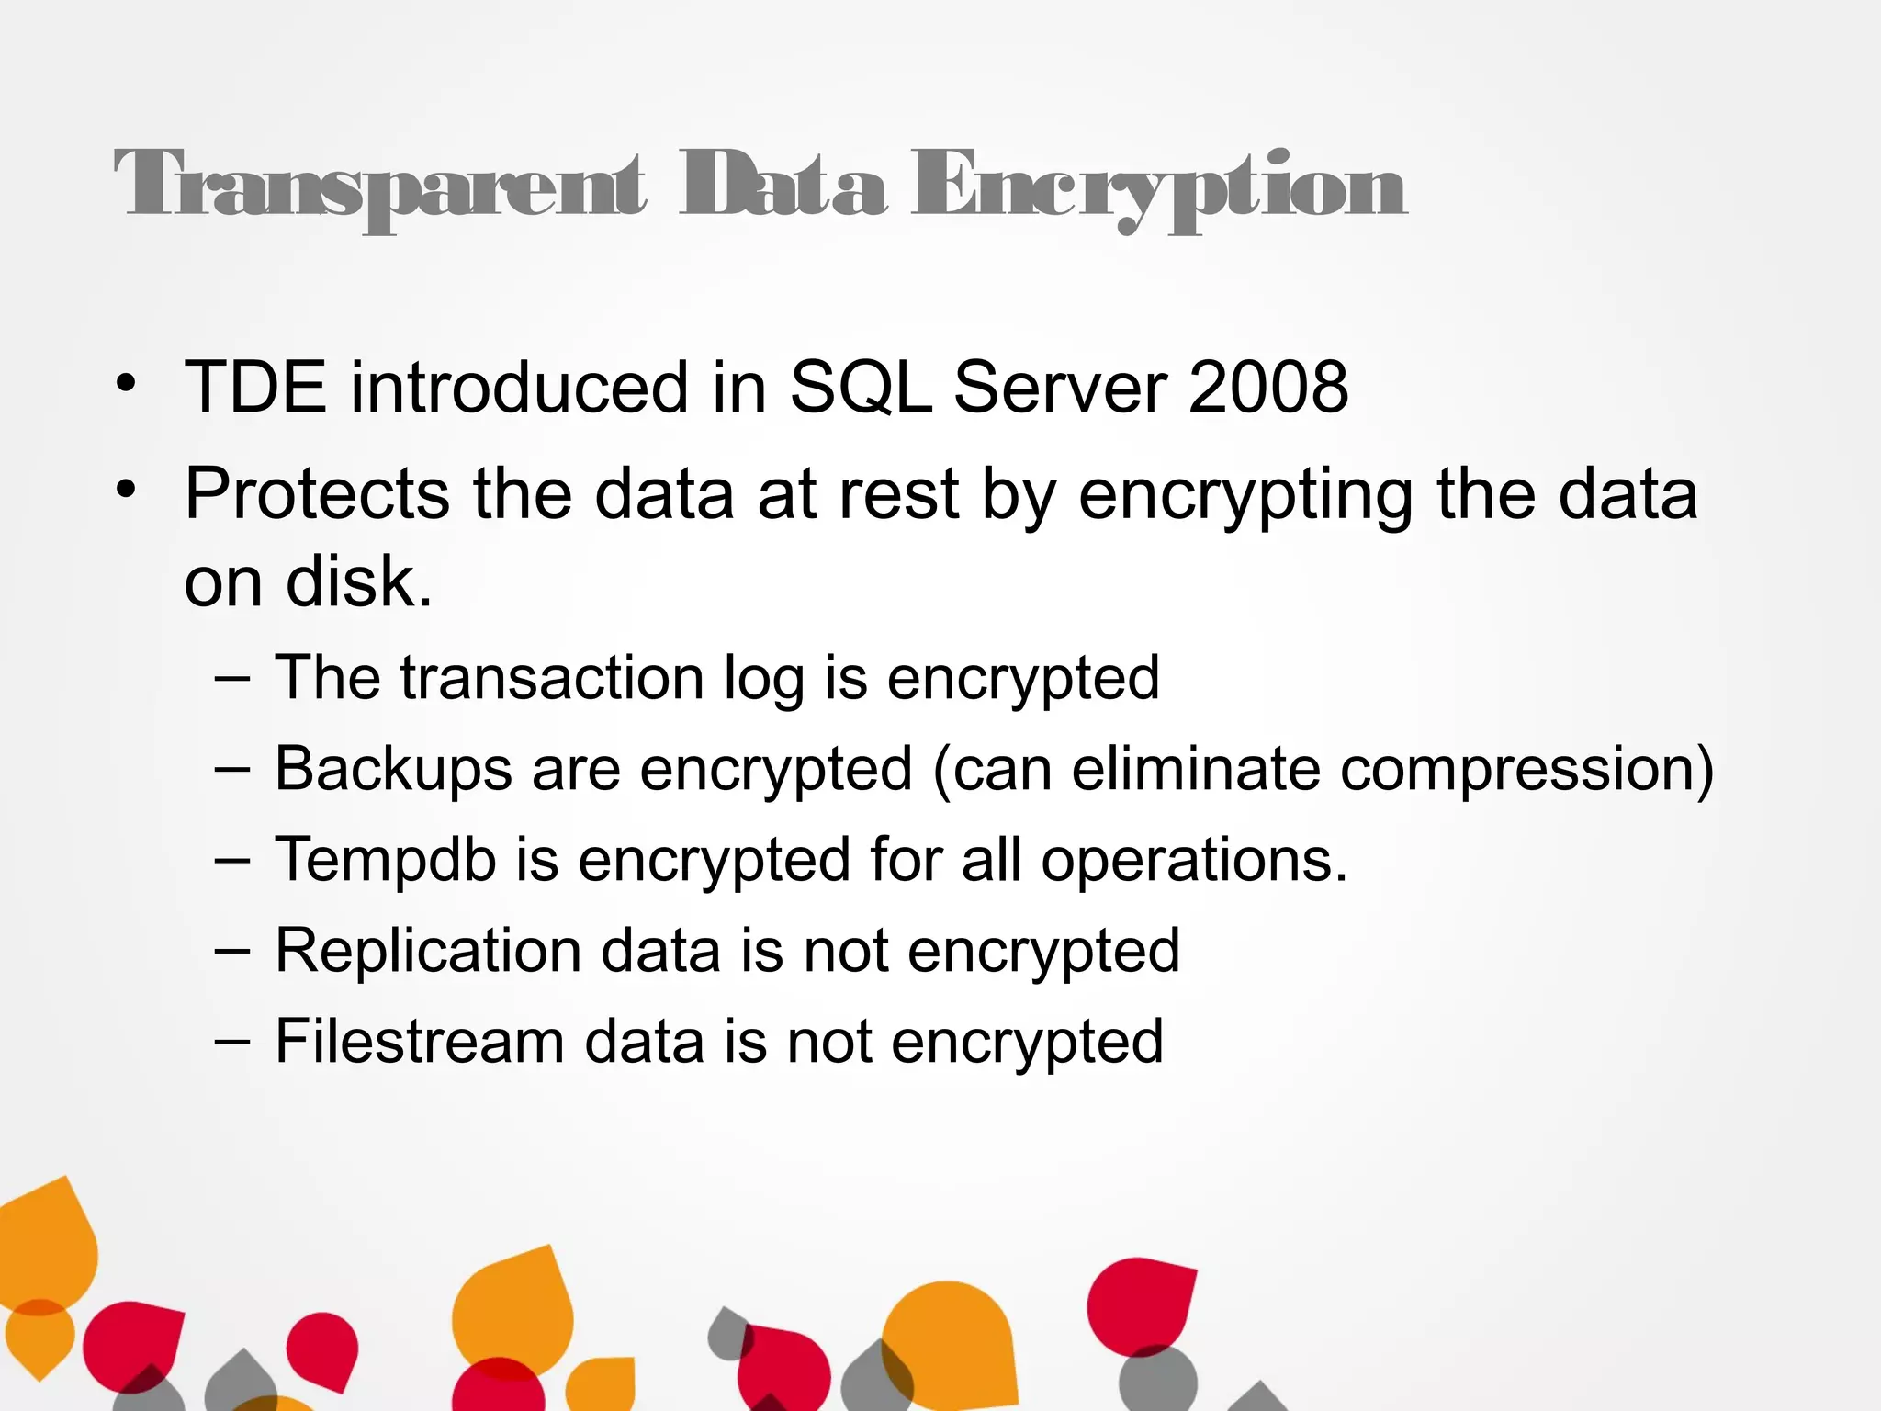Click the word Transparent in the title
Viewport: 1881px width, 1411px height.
(x=380, y=186)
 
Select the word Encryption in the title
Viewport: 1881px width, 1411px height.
(x=1158, y=187)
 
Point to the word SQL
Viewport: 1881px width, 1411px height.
(x=861, y=387)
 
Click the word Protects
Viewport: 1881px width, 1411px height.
(x=317, y=495)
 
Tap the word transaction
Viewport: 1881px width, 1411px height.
(x=553, y=678)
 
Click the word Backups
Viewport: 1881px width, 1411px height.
(x=393, y=769)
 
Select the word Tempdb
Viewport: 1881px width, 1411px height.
(x=386, y=860)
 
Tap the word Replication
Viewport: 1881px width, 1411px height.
(x=428, y=950)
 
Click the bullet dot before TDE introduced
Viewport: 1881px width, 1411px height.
(x=126, y=385)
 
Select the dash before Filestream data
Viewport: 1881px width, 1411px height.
(x=231, y=1042)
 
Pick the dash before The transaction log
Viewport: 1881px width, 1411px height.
(x=231, y=679)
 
